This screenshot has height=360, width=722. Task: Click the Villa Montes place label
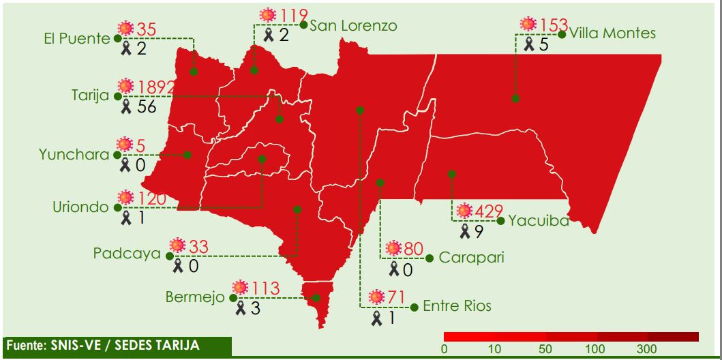612,33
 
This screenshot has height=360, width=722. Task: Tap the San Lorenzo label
352,26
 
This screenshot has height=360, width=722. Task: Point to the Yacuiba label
538,220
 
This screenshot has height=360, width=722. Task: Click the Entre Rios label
456,305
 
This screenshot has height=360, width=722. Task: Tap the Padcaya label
127,254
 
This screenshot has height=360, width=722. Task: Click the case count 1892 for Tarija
155,87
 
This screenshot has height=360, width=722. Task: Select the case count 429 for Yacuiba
490,211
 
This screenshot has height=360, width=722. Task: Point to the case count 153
553,25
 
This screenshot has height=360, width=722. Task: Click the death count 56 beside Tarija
146,107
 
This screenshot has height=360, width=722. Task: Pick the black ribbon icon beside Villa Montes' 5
529,44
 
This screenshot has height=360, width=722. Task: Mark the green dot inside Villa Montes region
515,99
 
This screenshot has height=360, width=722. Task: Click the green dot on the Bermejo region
315,298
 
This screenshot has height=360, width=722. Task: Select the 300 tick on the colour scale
646,349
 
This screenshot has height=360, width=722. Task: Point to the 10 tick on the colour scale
495,349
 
